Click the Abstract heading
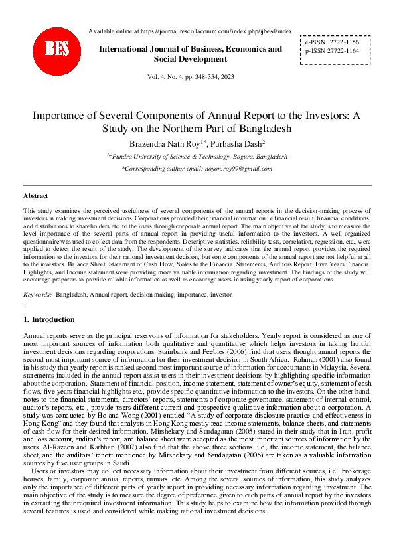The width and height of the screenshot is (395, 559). coord(35,196)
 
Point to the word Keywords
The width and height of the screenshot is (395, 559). coord(37,293)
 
